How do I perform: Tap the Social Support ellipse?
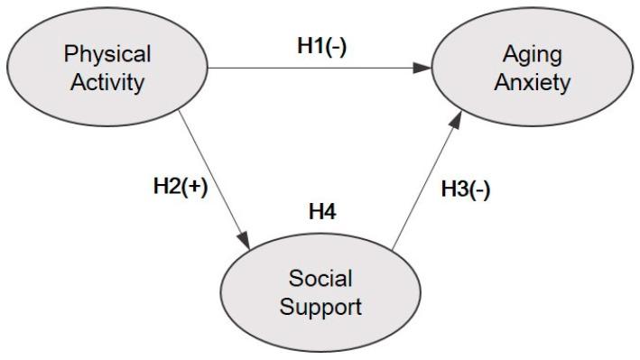320,290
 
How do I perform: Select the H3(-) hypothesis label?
465,191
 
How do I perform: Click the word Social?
320,276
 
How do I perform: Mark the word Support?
320,305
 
